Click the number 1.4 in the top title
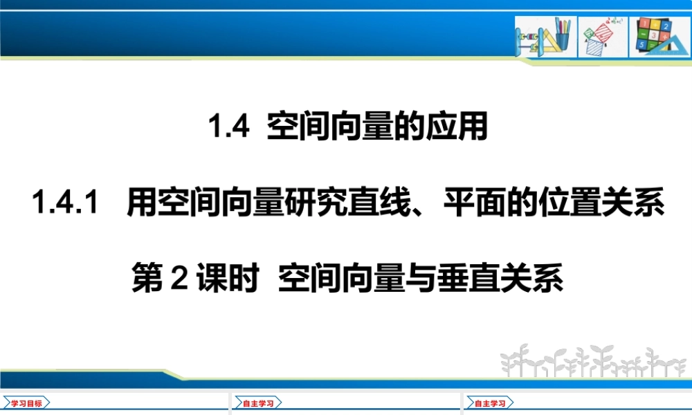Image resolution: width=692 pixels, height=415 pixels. point(228,126)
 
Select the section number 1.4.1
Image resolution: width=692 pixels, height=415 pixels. point(65,202)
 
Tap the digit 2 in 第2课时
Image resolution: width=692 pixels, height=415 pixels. point(179,278)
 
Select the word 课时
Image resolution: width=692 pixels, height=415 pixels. point(228,278)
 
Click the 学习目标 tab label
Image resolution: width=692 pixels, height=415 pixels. point(26,403)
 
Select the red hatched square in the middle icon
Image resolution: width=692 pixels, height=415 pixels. point(603,33)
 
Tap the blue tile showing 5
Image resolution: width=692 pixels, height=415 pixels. point(641,44)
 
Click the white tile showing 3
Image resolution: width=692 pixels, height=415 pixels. point(654,35)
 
